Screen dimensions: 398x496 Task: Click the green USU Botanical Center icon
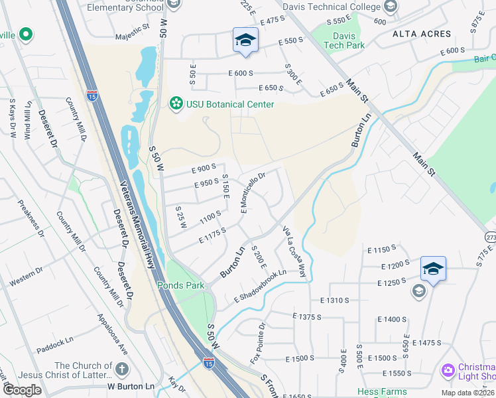coord(176,103)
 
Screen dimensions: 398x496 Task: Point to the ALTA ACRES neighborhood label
coord(421,33)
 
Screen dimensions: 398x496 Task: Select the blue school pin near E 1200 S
coord(433,269)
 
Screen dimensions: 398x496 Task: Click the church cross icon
coord(122,368)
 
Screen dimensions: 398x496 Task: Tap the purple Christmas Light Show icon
coord(448,369)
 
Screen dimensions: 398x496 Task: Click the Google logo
coord(22,390)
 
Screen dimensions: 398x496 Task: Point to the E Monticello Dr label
coord(253,192)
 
